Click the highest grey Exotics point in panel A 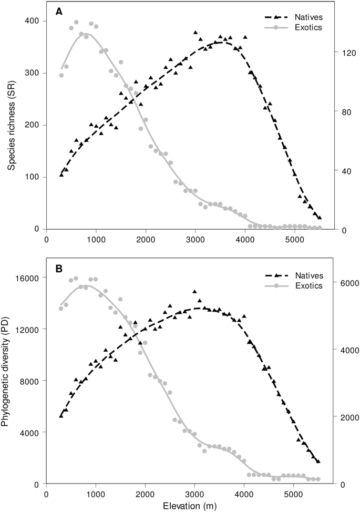pos(76,23)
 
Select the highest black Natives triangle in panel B pos(195,292)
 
